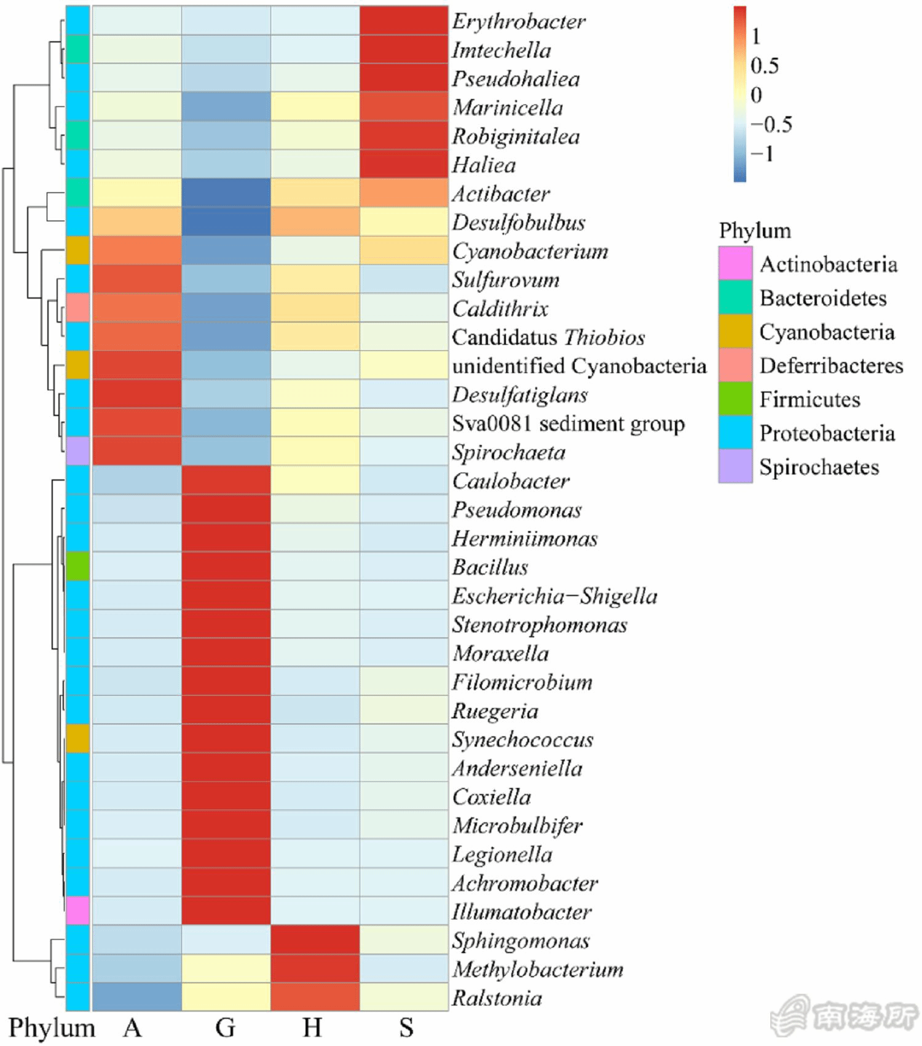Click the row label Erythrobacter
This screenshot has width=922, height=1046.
pos(519,22)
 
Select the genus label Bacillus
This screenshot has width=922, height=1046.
pos(490,567)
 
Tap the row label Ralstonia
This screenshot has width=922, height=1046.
pos(497,998)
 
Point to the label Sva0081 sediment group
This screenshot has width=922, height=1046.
pos(568,423)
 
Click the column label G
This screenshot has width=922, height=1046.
pos(226,1027)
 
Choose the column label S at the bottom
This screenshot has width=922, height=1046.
pos(405,1027)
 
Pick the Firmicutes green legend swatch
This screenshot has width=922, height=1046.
pos(736,399)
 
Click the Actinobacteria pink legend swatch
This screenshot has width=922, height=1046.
pos(736,264)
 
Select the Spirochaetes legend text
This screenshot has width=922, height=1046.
pos(819,467)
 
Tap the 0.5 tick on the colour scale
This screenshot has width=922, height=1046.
pos(764,66)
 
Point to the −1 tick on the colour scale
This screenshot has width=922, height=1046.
pos(763,153)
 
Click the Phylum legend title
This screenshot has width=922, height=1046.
pos(755,231)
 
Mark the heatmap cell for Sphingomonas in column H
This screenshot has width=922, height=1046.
pos(315,940)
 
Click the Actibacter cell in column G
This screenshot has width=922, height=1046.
pos(226,193)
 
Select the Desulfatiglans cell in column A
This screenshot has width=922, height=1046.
pos(136,394)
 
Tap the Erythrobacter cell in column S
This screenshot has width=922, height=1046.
pos(404,21)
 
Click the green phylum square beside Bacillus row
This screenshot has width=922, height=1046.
pos(78,567)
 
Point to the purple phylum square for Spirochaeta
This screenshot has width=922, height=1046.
pos(78,452)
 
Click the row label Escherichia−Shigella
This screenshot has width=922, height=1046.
pos(554,596)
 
